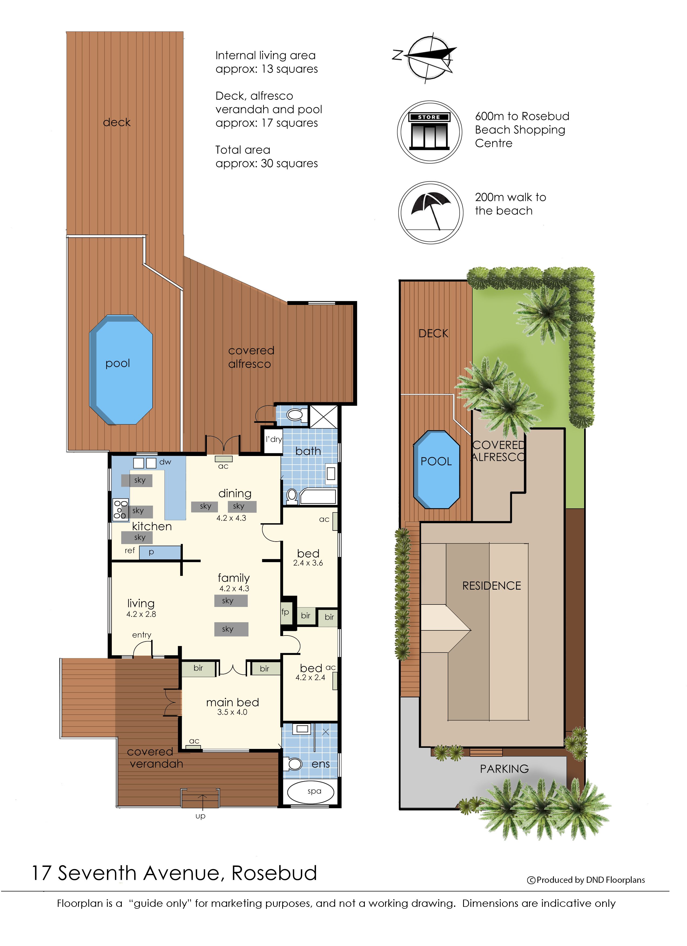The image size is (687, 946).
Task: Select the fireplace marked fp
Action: click(x=286, y=612)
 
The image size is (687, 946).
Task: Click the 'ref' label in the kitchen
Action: click(x=130, y=550)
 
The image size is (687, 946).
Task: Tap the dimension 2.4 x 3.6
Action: click(x=308, y=563)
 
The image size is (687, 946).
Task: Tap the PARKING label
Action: click(x=504, y=769)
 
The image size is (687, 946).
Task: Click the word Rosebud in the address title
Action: click(x=274, y=873)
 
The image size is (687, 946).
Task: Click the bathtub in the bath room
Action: click(x=318, y=496)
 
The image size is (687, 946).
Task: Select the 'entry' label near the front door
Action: click(x=142, y=635)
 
